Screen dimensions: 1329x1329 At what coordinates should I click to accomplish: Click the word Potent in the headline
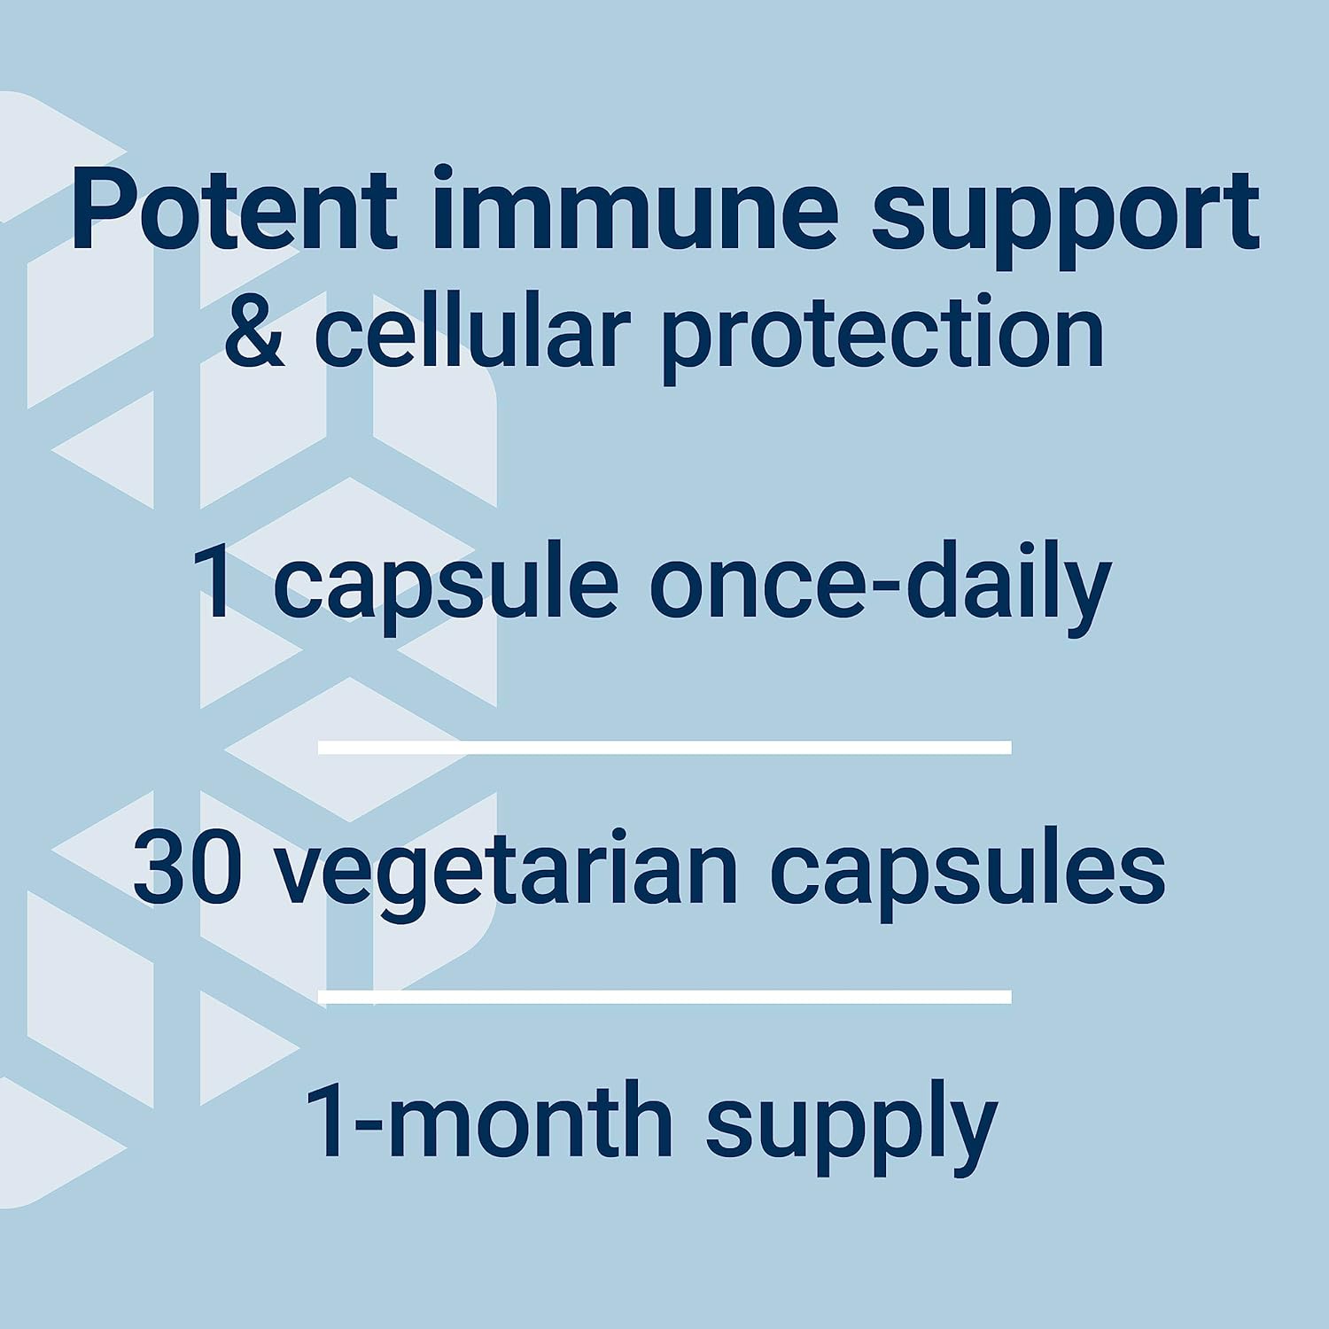click(235, 210)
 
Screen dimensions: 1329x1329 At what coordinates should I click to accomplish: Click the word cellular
click(472, 333)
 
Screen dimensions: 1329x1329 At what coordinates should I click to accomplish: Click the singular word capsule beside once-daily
click(446, 586)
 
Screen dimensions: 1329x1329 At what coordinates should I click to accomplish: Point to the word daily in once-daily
click(1009, 586)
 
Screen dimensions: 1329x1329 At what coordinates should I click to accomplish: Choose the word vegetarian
click(507, 874)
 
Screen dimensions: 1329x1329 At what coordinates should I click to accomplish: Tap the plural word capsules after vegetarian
click(968, 874)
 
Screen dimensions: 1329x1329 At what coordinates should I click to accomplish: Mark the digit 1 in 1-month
click(325, 1121)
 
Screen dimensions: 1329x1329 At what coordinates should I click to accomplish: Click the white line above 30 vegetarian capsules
click(664, 748)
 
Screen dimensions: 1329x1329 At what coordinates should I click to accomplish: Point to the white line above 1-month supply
click(664, 997)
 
